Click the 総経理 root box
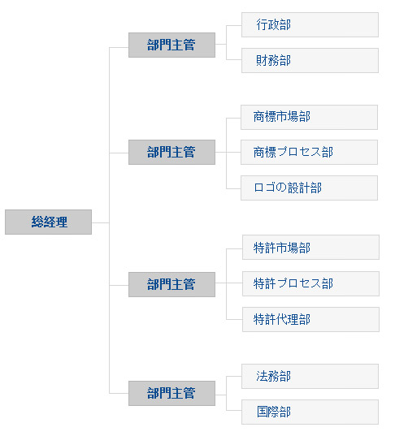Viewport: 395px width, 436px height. (x=48, y=222)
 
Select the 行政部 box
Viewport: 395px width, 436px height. (x=310, y=24)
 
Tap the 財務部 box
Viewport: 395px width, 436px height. (x=310, y=60)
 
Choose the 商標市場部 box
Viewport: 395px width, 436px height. (x=309, y=118)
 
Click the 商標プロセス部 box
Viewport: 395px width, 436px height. (x=309, y=153)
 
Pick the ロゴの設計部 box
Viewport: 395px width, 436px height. (x=309, y=188)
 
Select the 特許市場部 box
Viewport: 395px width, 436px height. (x=310, y=247)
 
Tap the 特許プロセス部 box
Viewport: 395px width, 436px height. (x=310, y=283)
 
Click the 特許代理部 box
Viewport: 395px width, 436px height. (x=310, y=320)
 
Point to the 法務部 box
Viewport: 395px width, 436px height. (x=310, y=376)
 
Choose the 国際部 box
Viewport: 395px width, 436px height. (x=310, y=412)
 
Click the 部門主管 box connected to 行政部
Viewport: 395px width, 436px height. (x=171, y=45)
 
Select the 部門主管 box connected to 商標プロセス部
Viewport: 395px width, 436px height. (x=171, y=153)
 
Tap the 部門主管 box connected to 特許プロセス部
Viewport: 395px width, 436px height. (x=171, y=284)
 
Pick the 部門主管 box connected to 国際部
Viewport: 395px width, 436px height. (x=171, y=394)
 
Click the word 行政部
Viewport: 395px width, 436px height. (x=274, y=24)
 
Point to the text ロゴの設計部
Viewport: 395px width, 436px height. (x=288, y=188)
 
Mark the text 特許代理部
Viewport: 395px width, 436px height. (x=282, y=320)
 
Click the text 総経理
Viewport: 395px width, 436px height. (x=50, y=222)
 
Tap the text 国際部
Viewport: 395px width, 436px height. (x=274, y=412)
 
